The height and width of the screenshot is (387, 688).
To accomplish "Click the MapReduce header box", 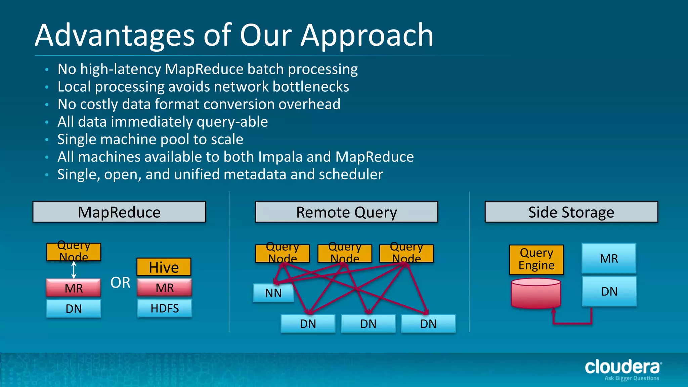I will coord(119,212).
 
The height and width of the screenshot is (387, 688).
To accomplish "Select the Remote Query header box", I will coord(346,212).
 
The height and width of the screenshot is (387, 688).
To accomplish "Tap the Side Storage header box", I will coord(571,212).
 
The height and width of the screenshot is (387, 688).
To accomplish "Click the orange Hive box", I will coord(164,267).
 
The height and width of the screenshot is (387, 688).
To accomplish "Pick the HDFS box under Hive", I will coord(165,308).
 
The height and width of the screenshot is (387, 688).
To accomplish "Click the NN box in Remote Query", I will coord(273,293).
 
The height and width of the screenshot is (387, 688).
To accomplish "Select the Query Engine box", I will coord(536,259).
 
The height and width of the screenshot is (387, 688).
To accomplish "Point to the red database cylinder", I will coord(536,293).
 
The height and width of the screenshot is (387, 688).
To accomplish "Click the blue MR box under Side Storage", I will coord(609,258).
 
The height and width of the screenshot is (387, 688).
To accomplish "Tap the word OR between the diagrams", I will coord(120,283).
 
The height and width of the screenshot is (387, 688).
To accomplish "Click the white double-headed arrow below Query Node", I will coord(74,270).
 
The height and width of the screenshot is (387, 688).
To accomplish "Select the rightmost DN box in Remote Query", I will coord(428,324).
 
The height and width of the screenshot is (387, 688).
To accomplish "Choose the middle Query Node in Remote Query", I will coord(345,253).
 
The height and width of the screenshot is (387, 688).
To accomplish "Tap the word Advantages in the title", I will coord(115,35).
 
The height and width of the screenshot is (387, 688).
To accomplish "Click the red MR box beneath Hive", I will coord(165,288).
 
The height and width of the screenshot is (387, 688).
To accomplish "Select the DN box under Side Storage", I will coord(609,291).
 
